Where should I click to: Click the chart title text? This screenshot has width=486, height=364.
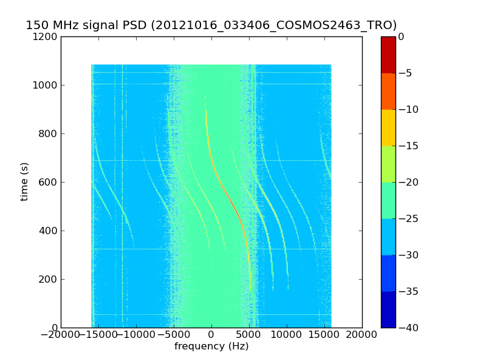point(211,25)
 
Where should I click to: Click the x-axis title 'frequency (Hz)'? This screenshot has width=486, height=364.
point(211,346)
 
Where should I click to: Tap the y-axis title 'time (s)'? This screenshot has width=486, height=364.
point(25,181)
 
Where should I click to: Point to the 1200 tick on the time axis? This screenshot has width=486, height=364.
point(46,36)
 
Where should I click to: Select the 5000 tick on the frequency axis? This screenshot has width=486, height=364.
point(249,335)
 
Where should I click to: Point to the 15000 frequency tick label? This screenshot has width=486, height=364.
point(324,335)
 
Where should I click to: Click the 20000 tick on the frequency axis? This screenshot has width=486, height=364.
point(362,335)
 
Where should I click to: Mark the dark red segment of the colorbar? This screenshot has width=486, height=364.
point(388,55)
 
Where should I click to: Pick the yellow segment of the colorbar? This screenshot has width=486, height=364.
point(388,127)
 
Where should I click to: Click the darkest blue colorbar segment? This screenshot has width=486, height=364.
point(388,309)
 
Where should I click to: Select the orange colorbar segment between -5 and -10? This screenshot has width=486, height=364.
point(388,91)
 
